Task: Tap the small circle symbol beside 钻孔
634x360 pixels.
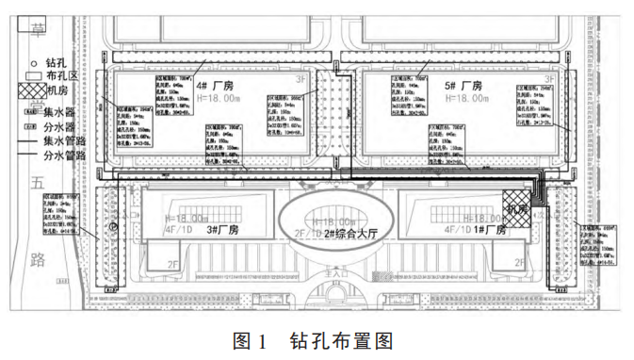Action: click(30, 61)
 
